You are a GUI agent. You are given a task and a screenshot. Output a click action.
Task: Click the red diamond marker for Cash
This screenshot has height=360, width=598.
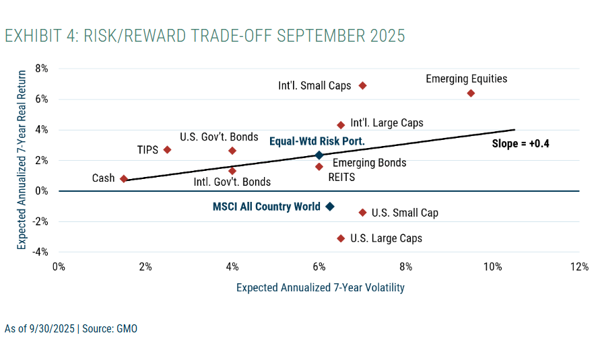coord(124,179)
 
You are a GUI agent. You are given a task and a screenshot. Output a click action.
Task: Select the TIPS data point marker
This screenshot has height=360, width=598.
coord(167,149)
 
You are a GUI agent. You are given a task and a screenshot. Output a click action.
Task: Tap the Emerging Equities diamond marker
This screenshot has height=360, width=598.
coord(471,93)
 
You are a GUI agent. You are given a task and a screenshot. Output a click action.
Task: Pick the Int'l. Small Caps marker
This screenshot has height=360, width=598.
coord(362,85)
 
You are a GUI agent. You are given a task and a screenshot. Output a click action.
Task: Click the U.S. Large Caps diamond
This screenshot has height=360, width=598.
coord(341,238)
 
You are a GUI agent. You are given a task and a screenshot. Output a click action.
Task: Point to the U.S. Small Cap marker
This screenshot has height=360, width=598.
coord(362,213)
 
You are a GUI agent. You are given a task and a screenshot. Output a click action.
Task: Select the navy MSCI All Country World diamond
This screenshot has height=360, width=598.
coord(329,207)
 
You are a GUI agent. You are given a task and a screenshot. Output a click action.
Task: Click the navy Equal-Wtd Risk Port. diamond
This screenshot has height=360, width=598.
coord(319,155)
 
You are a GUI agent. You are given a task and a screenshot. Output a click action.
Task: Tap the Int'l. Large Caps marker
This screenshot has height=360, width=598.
coord(341,125)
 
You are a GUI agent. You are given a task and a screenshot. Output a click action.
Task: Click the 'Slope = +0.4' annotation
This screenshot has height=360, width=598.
coord(521,143)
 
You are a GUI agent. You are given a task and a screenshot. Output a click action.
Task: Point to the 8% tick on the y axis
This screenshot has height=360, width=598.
coord(42,69)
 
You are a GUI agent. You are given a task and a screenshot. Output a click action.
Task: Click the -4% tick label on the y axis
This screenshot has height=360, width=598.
coord(40,252)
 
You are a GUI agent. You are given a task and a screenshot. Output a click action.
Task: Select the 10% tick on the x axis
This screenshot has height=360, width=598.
coord(492,266)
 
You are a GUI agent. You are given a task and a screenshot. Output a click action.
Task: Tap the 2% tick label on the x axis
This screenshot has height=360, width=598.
coord(145,266)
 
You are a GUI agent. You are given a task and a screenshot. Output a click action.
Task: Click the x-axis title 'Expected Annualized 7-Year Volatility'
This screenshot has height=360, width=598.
coord(320,287)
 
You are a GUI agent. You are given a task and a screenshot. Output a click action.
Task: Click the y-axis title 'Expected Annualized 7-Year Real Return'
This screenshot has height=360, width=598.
coord(22,160)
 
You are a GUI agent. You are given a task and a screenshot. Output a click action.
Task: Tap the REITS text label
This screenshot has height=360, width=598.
coord(341,178)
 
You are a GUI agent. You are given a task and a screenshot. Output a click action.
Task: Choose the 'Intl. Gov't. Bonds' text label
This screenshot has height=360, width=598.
coord(232,182)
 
